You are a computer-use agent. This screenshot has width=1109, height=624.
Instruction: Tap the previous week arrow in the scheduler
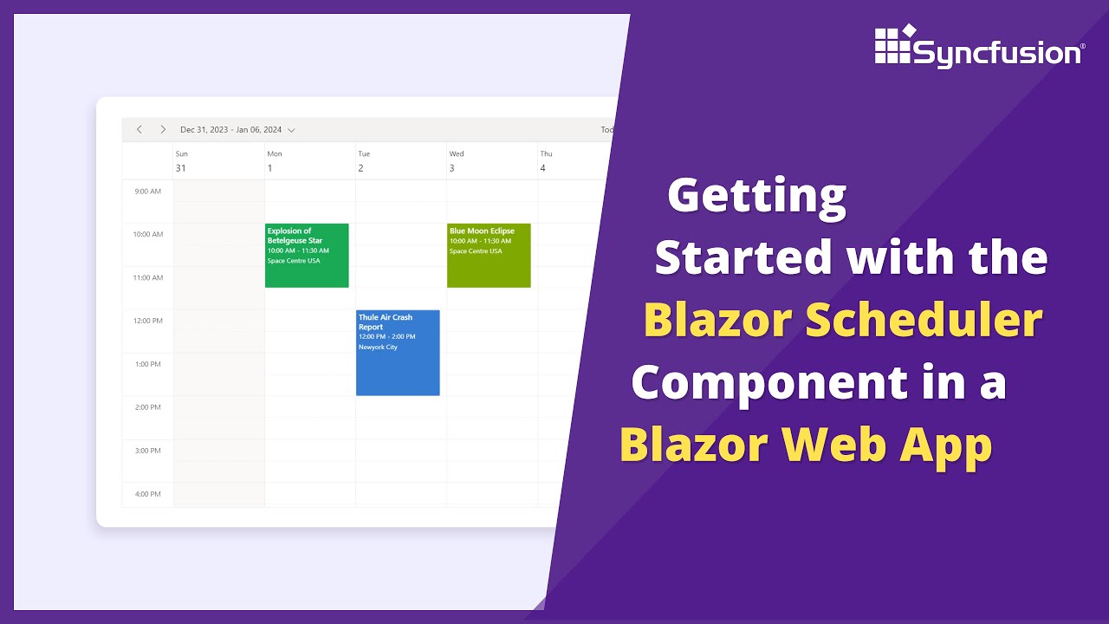click(139, 130)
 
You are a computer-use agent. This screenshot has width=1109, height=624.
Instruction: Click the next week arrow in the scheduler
click(162, 130)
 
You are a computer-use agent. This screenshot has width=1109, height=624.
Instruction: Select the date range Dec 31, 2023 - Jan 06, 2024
click(231, 130)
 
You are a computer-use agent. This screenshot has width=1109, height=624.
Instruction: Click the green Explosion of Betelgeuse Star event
click(307, 256)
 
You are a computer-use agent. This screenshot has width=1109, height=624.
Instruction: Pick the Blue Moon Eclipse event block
click(489, 256)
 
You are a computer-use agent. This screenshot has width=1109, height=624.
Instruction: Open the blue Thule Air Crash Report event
click(398, 353)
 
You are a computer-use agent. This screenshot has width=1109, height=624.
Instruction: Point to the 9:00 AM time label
click(148, 191)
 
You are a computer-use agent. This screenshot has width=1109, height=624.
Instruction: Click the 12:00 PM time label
click(147, 321)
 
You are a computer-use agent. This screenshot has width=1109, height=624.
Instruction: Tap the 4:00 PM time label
click(148, 494)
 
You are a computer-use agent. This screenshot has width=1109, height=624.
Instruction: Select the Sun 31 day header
click(181, 161)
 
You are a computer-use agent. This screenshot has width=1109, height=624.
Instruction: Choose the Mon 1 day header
click(274, 161)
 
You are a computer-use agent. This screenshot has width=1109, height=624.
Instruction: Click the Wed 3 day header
click(456, 161)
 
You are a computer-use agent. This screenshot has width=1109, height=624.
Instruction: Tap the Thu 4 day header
click(546, 161)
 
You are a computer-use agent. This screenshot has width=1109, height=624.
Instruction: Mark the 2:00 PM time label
click(148, 407)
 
